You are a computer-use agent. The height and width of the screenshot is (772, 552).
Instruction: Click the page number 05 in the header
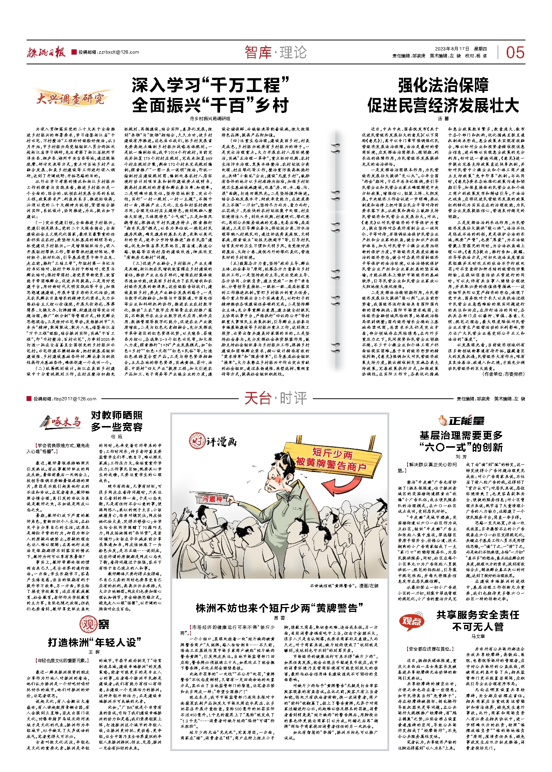[x=515, y=53]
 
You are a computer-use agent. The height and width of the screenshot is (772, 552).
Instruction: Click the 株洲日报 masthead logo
[x=46, y=53]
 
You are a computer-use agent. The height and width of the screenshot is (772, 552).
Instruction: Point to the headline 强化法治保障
[x=443, y=85]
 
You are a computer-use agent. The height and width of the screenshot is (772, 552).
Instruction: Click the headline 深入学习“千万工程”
[x=210, y=85]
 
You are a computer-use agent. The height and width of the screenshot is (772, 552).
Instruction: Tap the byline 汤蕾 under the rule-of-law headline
[x=443, y=119]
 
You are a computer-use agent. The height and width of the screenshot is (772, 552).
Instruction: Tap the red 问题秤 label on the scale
[x=212, y=499]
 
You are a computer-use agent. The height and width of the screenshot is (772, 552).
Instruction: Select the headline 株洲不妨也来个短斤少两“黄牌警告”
[x=279, y=608]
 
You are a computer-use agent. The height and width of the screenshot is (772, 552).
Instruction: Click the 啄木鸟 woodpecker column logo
[x=60, y=422]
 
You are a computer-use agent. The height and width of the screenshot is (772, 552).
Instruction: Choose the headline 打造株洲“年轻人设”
[x=94, y=643]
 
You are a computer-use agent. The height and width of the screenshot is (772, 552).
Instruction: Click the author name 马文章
[x=478, y=636]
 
